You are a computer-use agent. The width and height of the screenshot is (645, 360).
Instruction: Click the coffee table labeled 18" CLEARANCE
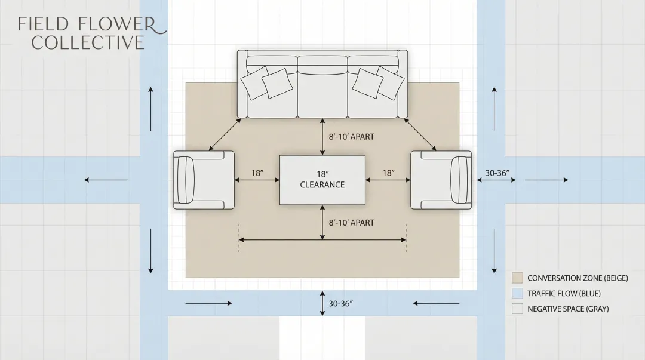click(x=322, y=180)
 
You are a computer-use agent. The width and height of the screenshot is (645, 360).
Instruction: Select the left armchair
click(x=203, y=180)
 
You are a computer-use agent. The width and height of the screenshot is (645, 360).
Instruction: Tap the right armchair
click(x=441, y=180)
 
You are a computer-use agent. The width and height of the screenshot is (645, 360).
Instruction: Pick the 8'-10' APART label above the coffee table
click(x=352, y=137)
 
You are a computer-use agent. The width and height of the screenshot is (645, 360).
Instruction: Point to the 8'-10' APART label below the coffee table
click(x=352, y=223)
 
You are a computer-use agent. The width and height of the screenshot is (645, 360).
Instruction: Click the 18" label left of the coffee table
click(x=257, y=173)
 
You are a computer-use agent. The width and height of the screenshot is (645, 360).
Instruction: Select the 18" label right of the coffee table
click(x=388, y=173)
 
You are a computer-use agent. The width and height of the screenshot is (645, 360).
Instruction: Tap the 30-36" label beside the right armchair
click(x=497, y=173)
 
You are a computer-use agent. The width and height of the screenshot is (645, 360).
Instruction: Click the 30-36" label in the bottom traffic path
click(x=341, y=304)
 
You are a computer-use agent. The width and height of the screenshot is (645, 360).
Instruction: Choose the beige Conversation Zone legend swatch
click(x=517, y=278)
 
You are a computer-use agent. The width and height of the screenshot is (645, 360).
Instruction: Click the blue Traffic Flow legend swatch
click(x=517, y=294)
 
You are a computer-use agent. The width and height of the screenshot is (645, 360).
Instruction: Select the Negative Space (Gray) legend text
click(x=568, y=309)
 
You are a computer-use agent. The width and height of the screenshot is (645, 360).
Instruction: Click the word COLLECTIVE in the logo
click(x=88, y=43)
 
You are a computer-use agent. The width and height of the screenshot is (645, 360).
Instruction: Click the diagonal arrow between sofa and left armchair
click(x=225, y=134)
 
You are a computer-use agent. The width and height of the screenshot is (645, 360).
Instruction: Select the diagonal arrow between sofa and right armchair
click(x=420, y=134)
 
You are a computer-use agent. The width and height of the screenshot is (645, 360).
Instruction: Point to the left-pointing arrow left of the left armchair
click(x=106, y=180)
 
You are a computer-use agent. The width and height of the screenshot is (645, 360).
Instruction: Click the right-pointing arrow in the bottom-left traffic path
click(x=208, y=303)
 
